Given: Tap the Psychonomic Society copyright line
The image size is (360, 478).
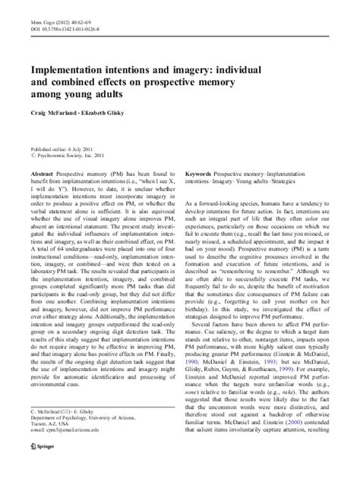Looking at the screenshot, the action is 68,159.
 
